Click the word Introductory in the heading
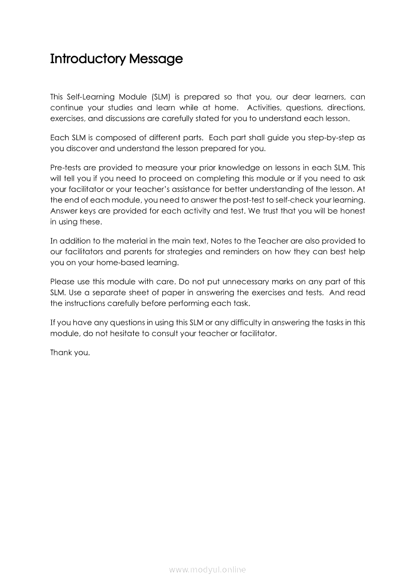click(x=87, y=59)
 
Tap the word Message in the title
click(x=156, y=59)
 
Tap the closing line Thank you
click(x=70, y=353)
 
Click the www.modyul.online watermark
click(x=207, y=569)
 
